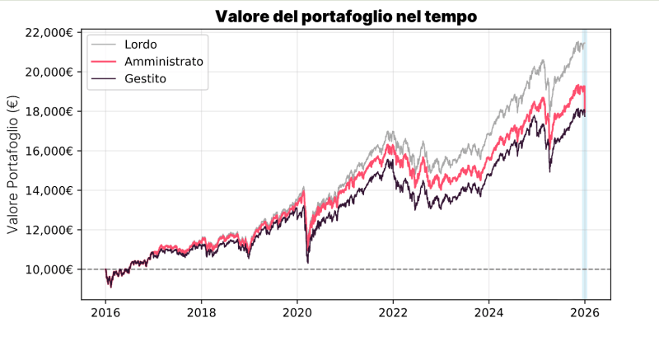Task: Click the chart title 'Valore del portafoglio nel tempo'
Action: pos(346,16)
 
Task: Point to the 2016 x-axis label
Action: pos(105,313)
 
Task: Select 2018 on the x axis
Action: pos(202,313)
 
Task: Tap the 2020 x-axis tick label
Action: pos(297,313)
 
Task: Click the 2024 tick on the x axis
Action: pos(489,313)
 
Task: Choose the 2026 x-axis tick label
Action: pos(585,313)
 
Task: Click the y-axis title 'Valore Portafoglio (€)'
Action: pos(13,165)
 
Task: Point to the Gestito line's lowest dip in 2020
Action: pos(307,262)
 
